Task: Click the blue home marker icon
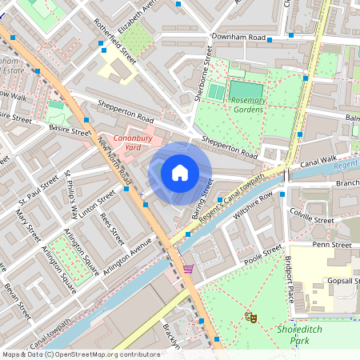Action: tap(180, 172)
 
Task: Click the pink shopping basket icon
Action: tap(188, 269)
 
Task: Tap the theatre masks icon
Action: tap(251, 318)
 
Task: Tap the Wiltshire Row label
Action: tap(254, 204)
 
